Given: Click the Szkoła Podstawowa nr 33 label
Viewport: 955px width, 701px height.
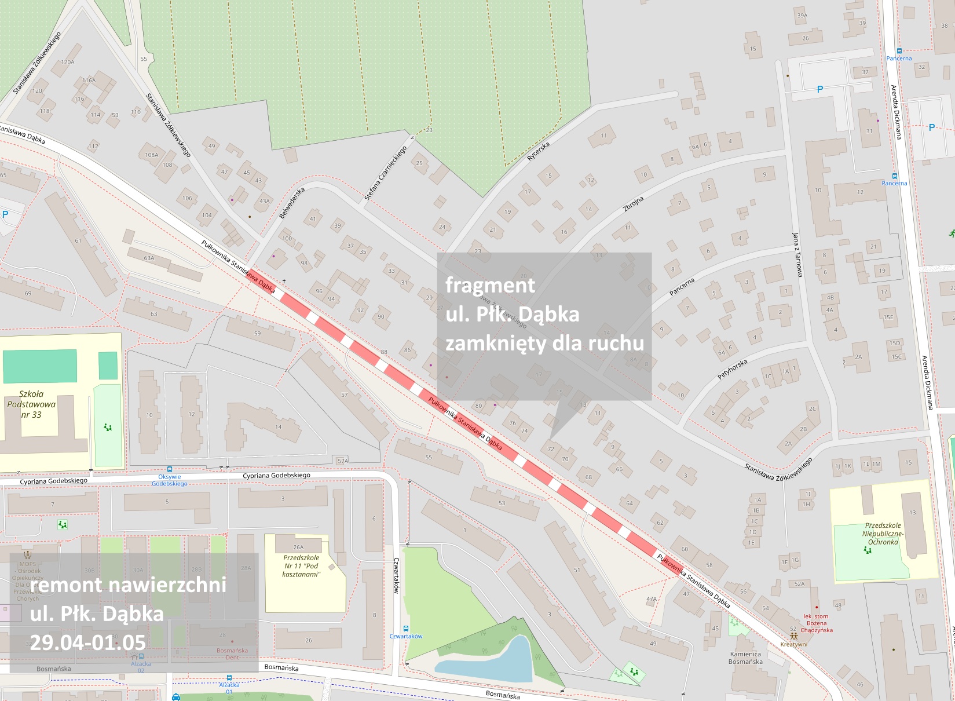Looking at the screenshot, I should click(31, 404).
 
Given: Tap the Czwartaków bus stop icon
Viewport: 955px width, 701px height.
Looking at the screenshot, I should click(406, 629).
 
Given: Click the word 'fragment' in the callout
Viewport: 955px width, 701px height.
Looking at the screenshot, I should click(490, 285).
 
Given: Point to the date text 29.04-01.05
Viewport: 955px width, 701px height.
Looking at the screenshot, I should click(87, 642).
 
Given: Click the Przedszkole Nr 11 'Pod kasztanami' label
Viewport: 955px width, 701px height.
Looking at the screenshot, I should click(301, 566).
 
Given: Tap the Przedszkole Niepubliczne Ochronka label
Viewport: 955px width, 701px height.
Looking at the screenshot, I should click(883, 534).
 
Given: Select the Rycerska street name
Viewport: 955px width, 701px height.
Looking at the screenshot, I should click(539, 151).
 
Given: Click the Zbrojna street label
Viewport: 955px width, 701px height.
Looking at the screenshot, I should click(633, 203).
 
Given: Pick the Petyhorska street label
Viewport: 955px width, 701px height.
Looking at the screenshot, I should click(733, 369).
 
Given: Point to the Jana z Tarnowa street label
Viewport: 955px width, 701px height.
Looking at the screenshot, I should click(797, 255).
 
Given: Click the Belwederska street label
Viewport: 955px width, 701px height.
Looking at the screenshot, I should click(292, 203).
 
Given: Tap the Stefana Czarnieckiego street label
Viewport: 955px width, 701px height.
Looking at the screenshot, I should click(386, 173).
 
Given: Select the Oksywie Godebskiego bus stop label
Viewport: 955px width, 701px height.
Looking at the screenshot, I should click(169, 480).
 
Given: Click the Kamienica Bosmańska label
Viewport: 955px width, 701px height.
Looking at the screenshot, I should click(745, 658).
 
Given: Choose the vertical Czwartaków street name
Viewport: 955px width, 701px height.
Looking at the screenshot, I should click(397, 575).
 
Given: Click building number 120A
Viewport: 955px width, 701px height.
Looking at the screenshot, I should click(68, 62).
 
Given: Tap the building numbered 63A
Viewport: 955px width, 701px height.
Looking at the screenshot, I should click(149, 258).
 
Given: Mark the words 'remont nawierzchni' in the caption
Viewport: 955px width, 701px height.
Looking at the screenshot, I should click(128, 585).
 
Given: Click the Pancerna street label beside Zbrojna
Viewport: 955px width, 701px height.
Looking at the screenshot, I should click(682, 287).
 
